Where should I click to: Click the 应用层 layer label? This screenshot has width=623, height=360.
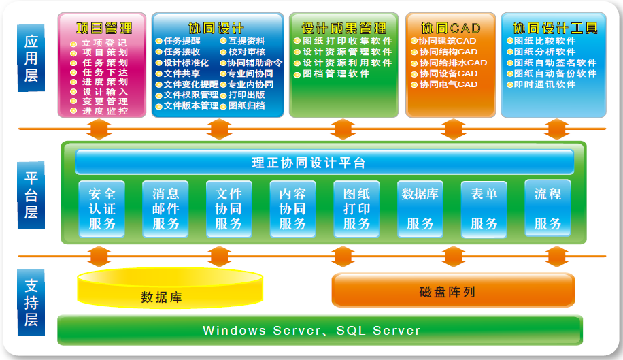coord(31,58)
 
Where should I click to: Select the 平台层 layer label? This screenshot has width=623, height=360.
coord(31,195)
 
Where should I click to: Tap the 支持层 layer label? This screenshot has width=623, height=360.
coord(31,302)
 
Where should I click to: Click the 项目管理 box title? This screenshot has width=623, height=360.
coord(104,28)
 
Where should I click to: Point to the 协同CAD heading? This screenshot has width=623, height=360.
coord(450,28)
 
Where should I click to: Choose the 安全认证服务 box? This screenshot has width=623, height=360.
coord(102,209)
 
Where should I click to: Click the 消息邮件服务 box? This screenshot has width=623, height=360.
coord(165,209)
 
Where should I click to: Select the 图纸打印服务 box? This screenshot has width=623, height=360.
coord(356,209)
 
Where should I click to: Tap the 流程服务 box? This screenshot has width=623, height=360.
coord(548,208)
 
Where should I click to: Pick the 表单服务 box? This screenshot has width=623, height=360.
coord(484,209)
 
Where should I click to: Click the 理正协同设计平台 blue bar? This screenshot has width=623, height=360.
coord(324,162)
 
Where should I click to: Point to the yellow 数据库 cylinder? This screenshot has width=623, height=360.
coord(170,288)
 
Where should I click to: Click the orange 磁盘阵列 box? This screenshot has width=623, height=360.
coord(454,290)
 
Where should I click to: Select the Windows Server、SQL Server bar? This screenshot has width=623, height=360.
coord(320,330)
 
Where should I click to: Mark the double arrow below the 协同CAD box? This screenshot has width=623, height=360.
coord(454,129)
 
